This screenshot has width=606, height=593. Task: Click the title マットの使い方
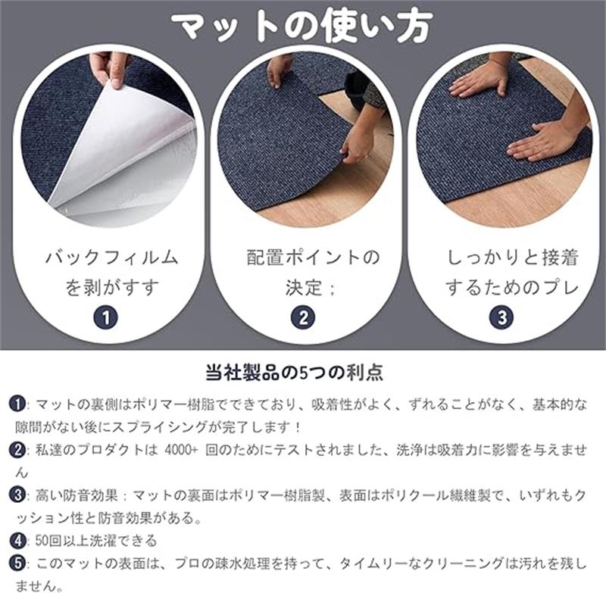302,27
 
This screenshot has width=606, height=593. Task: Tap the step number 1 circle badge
106,318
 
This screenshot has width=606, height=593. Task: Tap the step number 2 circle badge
303,318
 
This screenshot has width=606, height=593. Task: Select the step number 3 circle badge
501,318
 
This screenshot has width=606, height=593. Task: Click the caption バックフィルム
111,257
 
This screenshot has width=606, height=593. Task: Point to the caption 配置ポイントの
314,257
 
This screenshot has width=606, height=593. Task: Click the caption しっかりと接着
513,257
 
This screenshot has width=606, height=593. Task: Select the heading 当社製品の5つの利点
295,372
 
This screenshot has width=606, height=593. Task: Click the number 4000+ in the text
181,450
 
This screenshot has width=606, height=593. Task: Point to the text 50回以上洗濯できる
96,541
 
